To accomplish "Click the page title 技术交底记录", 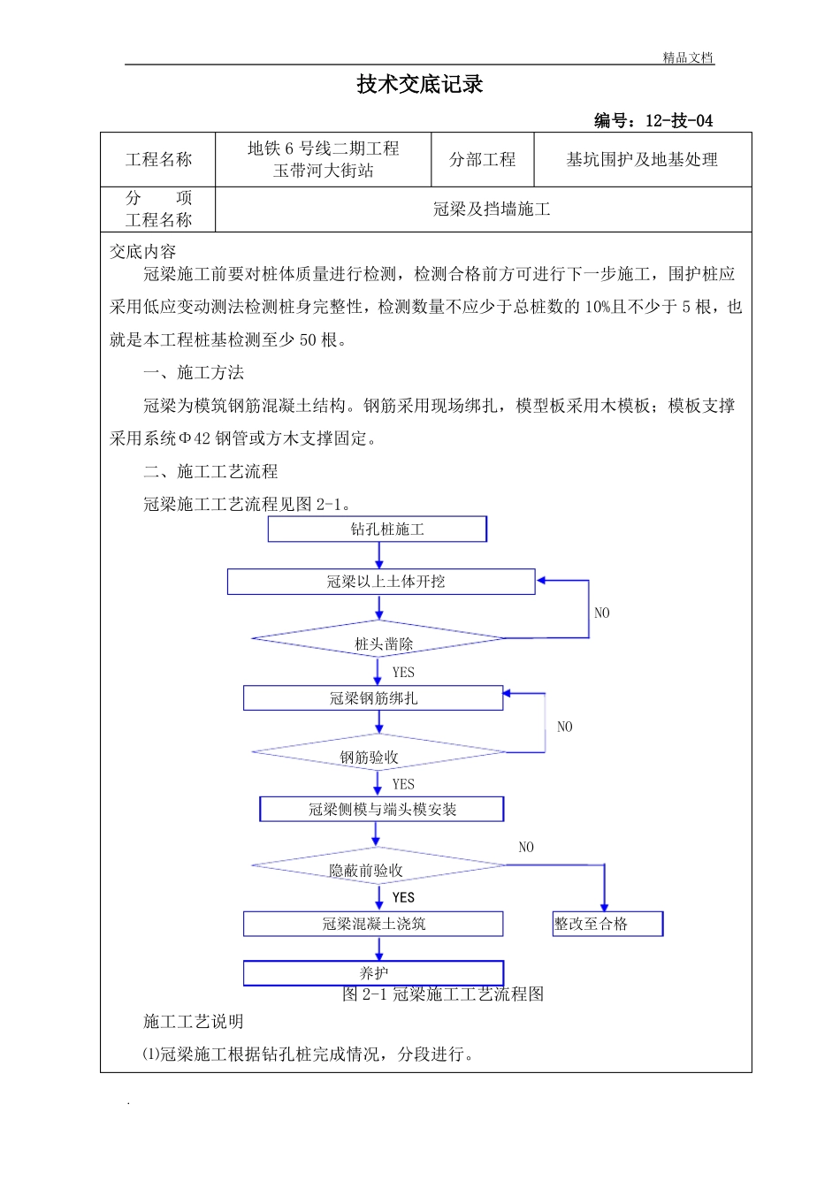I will [420, 85].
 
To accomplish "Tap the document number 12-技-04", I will [678, 121].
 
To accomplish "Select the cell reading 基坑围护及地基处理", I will [642, 160].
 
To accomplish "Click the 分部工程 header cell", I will [482, 160].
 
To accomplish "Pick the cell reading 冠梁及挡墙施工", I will [492, 209].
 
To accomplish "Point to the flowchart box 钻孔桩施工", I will [378, 529].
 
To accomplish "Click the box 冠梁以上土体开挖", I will [381, 582].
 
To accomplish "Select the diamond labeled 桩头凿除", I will [380, 640].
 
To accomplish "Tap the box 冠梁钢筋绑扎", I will [373, 698].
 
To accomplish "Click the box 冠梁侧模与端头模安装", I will [382, 810].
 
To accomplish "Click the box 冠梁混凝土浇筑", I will [373, 924].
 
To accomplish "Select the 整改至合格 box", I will [607, 924].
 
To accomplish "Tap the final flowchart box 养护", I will [373, 972].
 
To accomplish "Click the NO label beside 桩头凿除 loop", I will [601, 613].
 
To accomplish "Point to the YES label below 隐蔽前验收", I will [403, 897].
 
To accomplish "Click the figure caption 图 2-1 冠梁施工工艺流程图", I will [443, 994].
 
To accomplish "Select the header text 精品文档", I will [688, 58].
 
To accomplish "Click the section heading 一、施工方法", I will [194, 373].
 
